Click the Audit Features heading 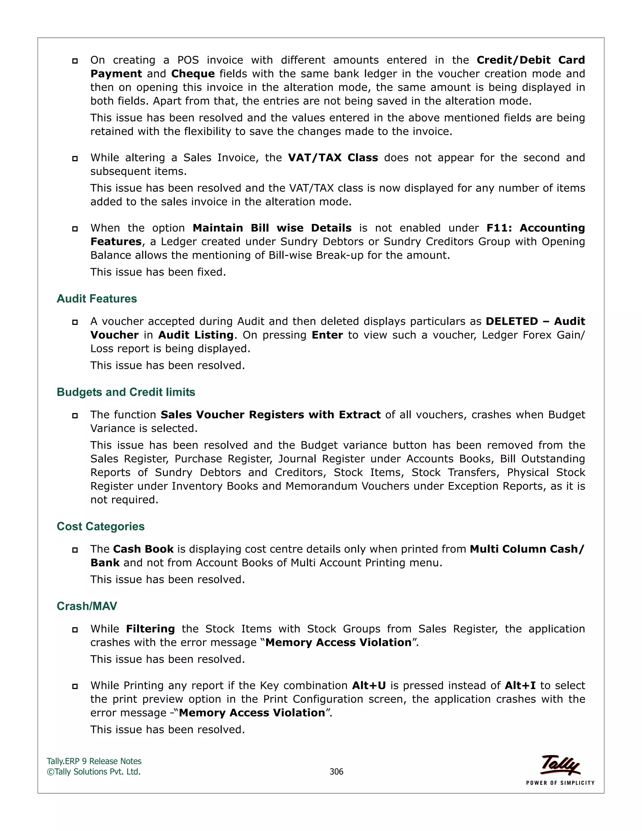97,299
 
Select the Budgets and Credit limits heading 126,392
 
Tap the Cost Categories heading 100,526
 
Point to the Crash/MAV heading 87,606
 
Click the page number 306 336,772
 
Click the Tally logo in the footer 560,765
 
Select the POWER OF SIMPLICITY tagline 560,783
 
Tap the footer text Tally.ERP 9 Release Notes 94,761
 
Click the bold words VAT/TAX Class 333,157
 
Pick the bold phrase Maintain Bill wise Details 272,228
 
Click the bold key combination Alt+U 369,685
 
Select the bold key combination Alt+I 520,685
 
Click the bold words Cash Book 143,549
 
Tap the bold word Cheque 193,74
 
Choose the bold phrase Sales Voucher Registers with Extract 271,415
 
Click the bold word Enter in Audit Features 327,335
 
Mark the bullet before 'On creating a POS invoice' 75,61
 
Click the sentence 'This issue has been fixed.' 158,272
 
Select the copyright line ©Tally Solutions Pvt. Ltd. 93,772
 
